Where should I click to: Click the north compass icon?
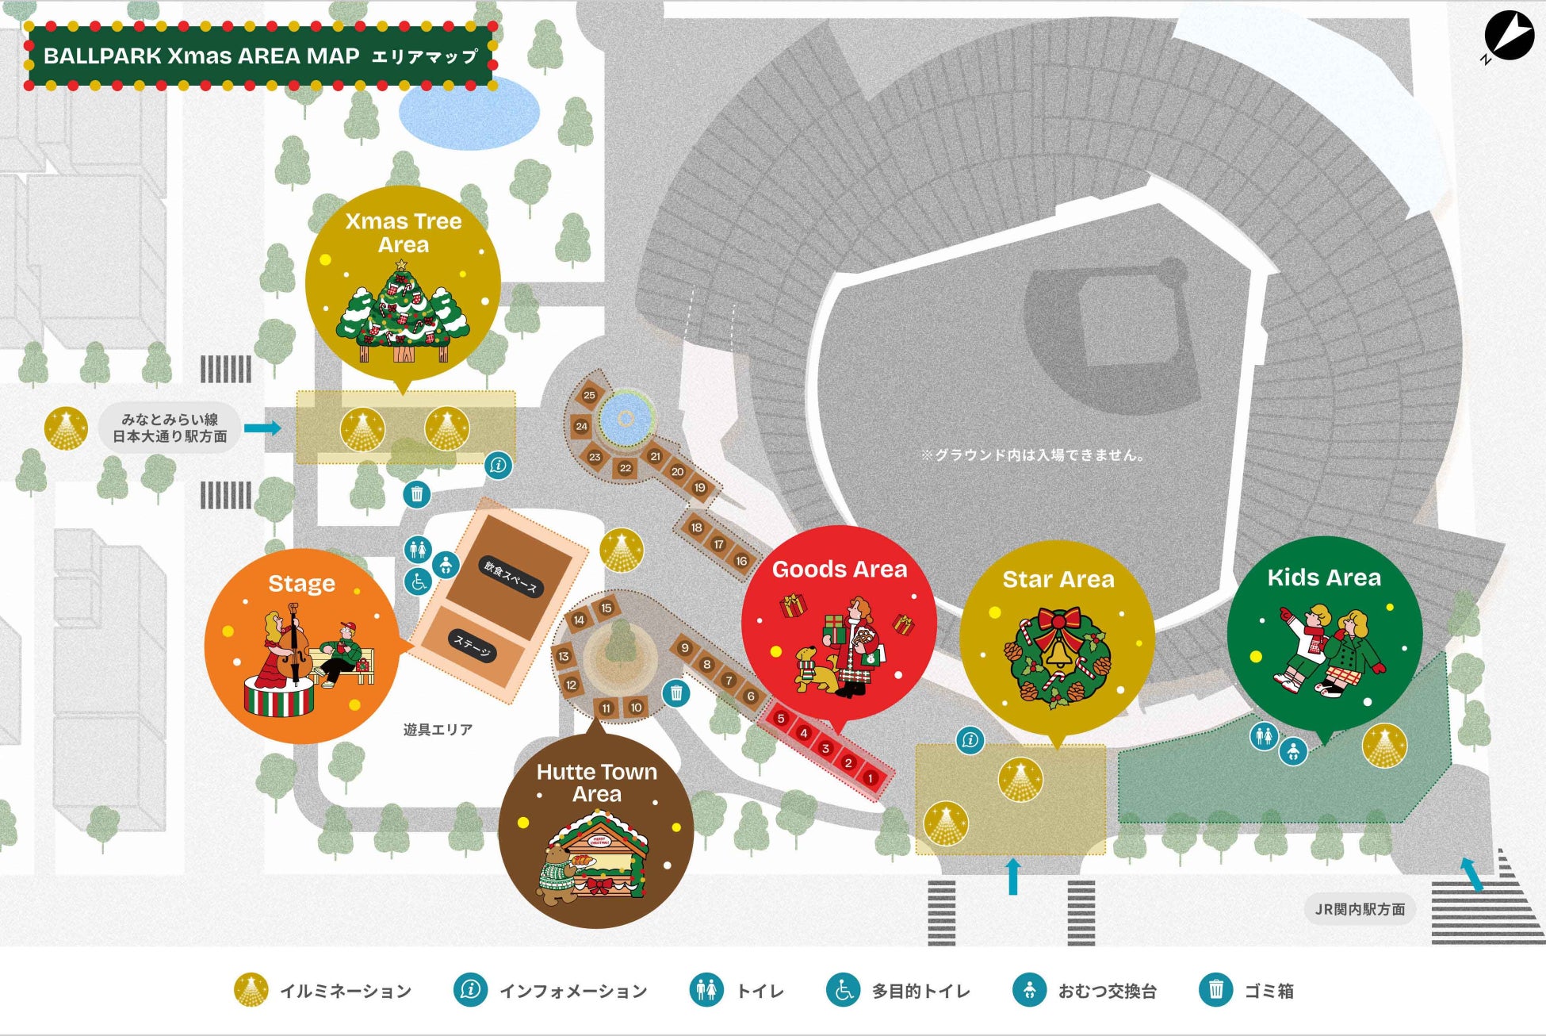[1509, 36]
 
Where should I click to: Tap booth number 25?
[589, 395]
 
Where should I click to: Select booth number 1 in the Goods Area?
[870, 778]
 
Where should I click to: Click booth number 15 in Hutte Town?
[607, 608]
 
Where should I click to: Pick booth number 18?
[696, 528]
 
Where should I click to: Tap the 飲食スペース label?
[511, 577]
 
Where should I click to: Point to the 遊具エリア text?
[438, 729]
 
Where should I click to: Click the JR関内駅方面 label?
[1360, 909]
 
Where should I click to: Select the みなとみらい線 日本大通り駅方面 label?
[170, 428]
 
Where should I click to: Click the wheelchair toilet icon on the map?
[419, 581]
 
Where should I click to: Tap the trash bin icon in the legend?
[1215, 990]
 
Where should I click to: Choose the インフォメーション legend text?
[572, 991]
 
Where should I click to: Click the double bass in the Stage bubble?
[292, 643]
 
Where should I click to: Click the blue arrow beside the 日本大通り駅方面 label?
[262, 428]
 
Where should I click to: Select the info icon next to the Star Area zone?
[970, 740]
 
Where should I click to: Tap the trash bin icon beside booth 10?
[676, 693]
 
